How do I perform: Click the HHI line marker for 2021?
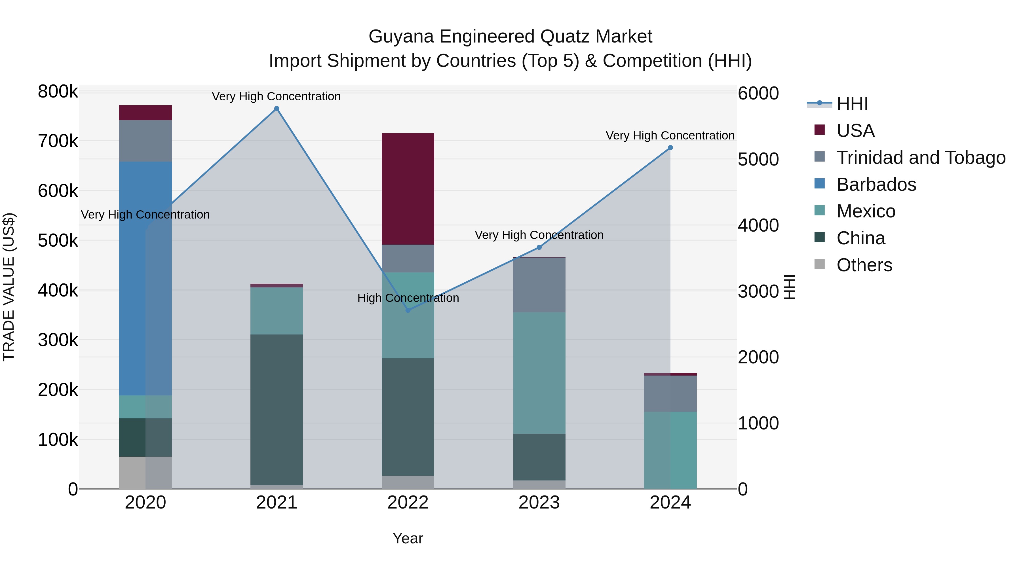277,109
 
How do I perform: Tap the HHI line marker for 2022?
408,310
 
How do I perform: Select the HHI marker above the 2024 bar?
670,148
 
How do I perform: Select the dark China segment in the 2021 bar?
277,408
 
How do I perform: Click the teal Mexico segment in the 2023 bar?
539,372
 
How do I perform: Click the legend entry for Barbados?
876,185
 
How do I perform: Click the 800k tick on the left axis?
58,92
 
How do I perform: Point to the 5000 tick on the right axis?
758,159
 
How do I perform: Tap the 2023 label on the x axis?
539,503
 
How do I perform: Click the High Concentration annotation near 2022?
408,298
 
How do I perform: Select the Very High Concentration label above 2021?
276,96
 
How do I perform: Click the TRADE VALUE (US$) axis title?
9,287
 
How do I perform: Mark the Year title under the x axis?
408,538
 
